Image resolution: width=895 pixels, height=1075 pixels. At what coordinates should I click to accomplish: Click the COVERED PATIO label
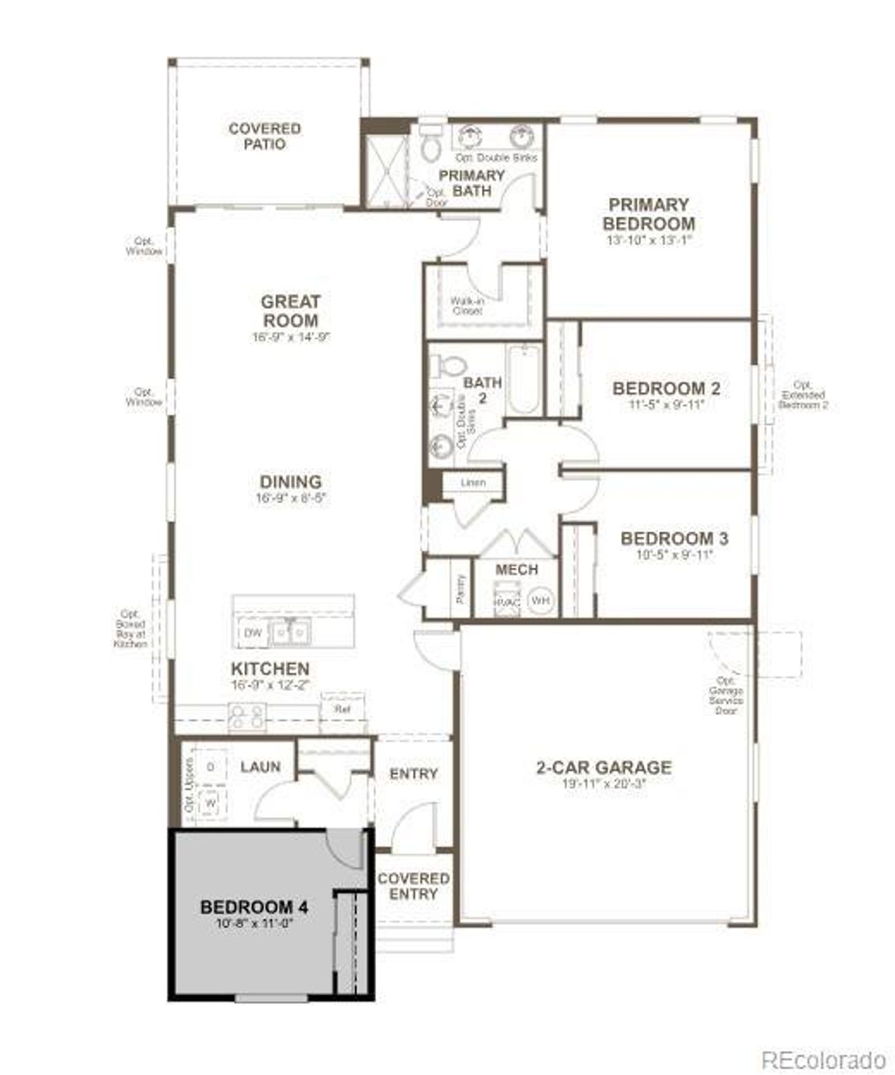click(264, 136)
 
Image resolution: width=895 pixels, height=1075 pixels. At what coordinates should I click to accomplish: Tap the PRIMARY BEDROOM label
click(648, 214)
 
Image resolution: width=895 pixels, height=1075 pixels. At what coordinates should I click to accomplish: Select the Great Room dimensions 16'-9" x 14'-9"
click(290, 337)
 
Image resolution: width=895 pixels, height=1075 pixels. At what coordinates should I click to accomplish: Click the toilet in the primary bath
click(430, 143)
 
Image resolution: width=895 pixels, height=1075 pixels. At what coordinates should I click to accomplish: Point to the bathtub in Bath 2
click(524, 379)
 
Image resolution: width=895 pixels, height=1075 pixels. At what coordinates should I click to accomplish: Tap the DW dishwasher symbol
click(252, 633)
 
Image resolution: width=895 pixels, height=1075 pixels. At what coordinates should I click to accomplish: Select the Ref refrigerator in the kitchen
click(342, 709)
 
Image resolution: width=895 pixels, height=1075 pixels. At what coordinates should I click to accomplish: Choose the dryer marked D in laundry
click(210, 767)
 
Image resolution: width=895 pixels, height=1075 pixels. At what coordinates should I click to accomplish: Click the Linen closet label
click(473, 482)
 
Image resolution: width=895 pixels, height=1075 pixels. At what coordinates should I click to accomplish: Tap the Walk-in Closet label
click(467, 305)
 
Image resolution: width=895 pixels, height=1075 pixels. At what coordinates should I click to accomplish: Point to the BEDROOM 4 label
click(254, 907)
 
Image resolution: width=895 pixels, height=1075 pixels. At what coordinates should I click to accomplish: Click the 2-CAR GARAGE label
click(603, 767)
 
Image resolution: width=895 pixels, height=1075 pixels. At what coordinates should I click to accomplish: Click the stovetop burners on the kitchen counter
click(247, 716)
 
